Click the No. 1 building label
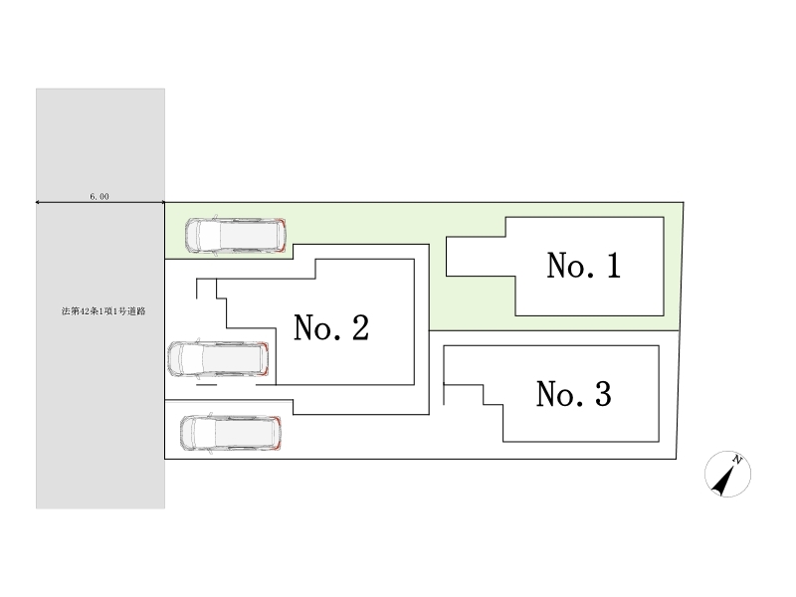[584, 266]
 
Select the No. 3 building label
[573, 395]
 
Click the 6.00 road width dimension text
[99, 197]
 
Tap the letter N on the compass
[738, 459]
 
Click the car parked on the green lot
[237, 235]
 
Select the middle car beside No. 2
[219, 359]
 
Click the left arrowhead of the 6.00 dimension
[39, 203]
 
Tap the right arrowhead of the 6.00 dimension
[162, 203]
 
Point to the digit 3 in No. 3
[601, 395]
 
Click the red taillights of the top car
[284, 235]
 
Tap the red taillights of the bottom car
[280, 434]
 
